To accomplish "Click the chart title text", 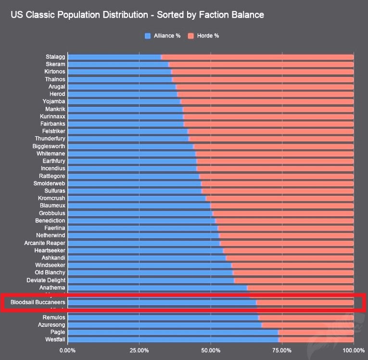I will click(137, 15).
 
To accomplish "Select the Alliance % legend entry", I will click(163, 36).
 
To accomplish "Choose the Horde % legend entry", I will click(203, 36).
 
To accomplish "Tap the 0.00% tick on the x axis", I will click(67, 350).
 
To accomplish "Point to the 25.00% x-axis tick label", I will click(139, 350).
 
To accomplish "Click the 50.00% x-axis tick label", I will click(211, 350).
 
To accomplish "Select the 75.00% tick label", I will click(282, 350).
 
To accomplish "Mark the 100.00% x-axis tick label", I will click(353, 350).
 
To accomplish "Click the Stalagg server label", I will click(55, 57).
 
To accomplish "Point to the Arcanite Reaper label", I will click(44, 243).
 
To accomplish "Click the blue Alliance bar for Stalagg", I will click(114, 57).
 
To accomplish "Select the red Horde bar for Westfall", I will click(316, 340).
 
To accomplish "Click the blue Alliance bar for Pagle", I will click(173, 332).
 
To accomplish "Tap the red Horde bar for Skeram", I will click(261, 64).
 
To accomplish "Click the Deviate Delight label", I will click(46, 280).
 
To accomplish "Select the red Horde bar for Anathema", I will click(300, 288).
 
